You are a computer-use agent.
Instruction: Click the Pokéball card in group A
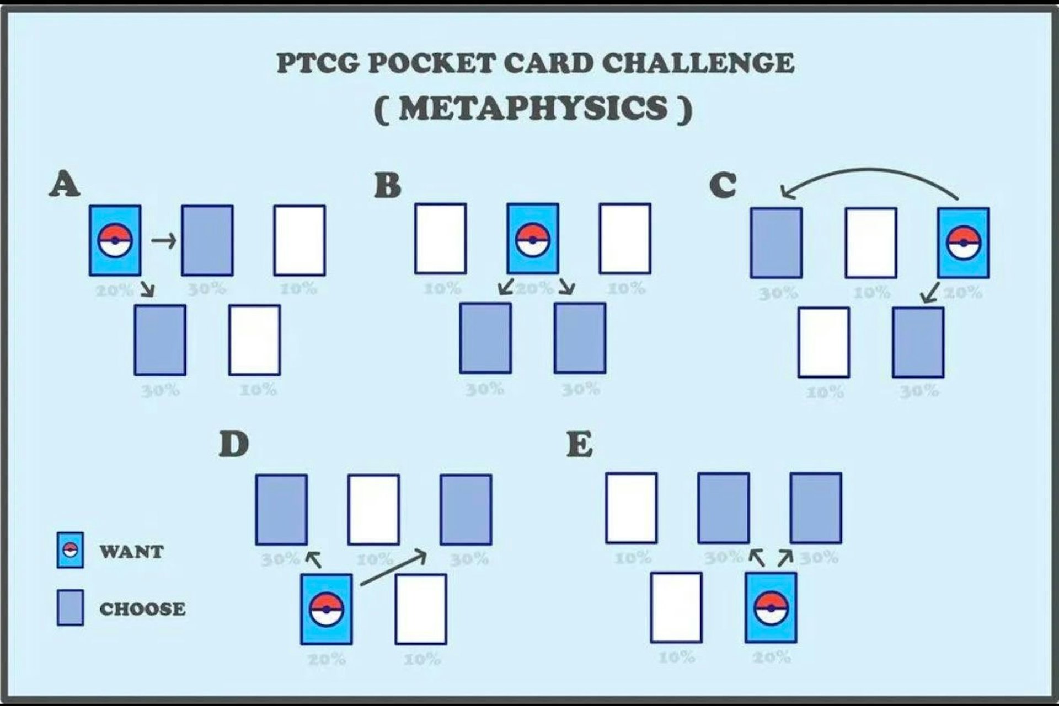[x=115, y=240]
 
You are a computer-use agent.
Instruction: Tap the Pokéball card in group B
[x=532, y=238]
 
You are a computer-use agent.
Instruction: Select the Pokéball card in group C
[x=963, y=242]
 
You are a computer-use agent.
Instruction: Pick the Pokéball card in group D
[x=326, y=609]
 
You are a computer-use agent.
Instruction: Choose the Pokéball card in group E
[x=771, y=607]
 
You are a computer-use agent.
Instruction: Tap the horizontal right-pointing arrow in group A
[x=164, y=240]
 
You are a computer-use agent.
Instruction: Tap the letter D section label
[x=233, y=444]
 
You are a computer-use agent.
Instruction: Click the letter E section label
[x=580, y=444]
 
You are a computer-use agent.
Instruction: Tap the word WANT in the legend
[x=131, y=551]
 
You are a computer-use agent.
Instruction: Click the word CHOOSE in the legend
[x=142, y=608]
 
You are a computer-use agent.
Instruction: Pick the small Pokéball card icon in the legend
[x=70, y=549]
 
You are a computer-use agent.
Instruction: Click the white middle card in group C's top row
[x=870, y=242]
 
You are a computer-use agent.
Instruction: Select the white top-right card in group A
[x=299, y=240]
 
